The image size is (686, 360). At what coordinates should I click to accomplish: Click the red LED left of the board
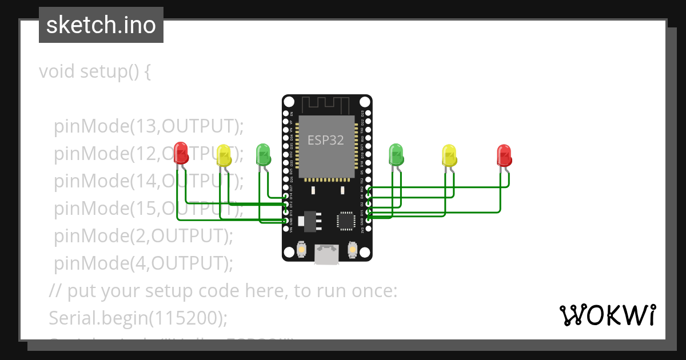181,153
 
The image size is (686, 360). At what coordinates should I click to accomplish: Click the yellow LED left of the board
224,154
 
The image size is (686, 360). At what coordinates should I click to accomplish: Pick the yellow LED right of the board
449,155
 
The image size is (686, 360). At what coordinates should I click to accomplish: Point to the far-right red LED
504,155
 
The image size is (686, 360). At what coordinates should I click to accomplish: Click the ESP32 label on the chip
326,140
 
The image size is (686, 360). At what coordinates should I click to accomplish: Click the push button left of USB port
301,249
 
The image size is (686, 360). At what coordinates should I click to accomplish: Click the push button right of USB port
352,249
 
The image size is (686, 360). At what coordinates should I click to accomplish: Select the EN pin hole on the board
286,114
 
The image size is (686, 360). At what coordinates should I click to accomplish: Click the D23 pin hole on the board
368,114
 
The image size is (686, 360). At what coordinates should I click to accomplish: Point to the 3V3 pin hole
368,229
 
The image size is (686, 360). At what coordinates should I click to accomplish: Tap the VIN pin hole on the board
286,229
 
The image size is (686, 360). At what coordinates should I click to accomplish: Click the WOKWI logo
607,315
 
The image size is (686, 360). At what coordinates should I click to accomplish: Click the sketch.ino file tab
101,25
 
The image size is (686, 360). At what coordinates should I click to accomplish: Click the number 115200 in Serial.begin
185,317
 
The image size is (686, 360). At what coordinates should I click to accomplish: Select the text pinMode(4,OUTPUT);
143,263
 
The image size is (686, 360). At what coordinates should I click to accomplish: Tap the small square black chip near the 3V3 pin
346,221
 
